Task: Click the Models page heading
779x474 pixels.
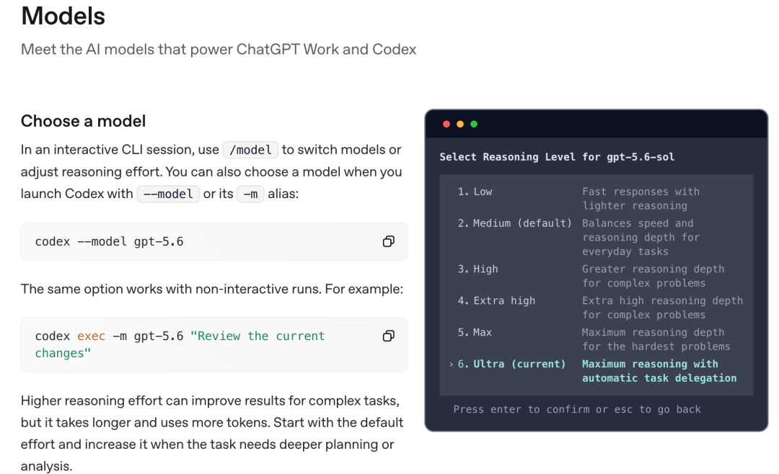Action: coord(63,16)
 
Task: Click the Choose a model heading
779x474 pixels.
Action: coord(84,121)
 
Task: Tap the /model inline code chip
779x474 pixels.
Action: coord(250,150)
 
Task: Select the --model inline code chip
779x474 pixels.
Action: coord(168,194)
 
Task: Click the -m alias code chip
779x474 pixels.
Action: coord(250,194)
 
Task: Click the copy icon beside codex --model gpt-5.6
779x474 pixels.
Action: coord(389,242)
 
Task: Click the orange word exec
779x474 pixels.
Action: coord(92,336)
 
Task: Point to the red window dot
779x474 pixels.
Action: coord(446,124)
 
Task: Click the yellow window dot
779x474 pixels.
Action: coord(460,124)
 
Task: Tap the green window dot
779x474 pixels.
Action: coord(474,124)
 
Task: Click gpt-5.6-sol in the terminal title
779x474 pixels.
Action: coord(641,157)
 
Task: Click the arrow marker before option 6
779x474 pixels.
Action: coord(451,365)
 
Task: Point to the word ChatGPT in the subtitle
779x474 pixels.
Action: coord(268,50)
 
